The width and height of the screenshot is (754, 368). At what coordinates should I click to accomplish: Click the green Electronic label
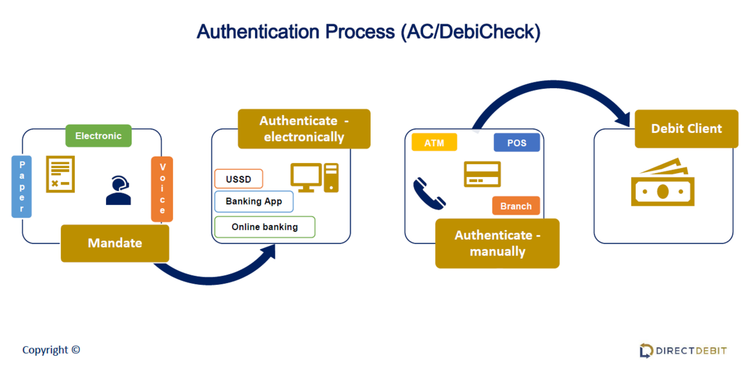[x=98, y=135]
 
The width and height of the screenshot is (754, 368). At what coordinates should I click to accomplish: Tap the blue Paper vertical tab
[x=22, y=186]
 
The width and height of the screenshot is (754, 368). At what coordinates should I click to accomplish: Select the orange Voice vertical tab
[x=162, y=189]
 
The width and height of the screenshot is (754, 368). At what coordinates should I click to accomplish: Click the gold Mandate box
[x=115, y=243]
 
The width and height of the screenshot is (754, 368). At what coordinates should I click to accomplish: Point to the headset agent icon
[x=118, y=190]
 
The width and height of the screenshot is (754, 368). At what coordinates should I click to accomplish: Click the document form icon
[x=61, y=174]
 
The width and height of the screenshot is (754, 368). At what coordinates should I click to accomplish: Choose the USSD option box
[x=239, y=180]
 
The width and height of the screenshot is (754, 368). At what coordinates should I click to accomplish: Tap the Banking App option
[x=254, y=202]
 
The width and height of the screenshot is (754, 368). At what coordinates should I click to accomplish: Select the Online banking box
[x=265, y=227]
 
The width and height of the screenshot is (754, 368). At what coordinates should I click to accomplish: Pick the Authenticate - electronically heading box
[x=304, y=128]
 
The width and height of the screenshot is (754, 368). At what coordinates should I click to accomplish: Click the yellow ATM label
[x=435, y=142]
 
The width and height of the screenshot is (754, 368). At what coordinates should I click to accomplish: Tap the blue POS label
[x=516, y=142]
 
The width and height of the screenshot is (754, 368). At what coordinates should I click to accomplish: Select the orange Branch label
[x=516, y=206]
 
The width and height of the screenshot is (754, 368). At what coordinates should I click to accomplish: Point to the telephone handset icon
[x=429, y=194]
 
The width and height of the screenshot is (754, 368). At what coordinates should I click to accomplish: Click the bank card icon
[x=482, y=174]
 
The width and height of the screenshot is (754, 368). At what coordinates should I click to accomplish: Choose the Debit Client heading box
[x=686, y=128]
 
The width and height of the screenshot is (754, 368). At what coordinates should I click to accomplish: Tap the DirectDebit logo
[x=683, y=350]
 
